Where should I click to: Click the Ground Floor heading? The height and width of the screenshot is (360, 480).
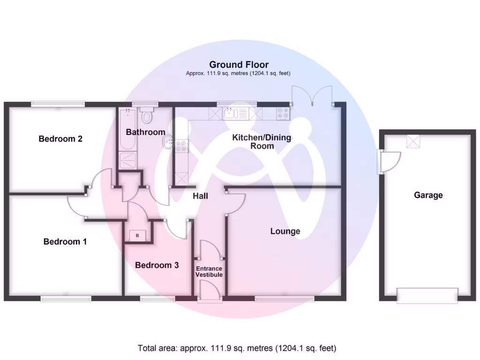[x=239, y=65]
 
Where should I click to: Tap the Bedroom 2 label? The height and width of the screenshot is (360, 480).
[x=60, y=139]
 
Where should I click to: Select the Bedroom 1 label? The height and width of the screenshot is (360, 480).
[x=65, y=242]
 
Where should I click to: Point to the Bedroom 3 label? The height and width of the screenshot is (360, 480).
[x=157, y=265]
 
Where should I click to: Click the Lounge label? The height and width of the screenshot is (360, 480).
[x=285, y=231]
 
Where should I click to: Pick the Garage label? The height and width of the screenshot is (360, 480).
[x=428, y=195]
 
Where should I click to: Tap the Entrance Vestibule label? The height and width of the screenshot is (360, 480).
[x=209, y=271]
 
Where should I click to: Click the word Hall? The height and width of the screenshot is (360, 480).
[x=200, y=196]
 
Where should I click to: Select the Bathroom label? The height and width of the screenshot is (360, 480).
[x=145, y=132]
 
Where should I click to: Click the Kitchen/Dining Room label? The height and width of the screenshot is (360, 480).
[x=262, y=142]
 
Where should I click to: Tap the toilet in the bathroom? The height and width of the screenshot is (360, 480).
[x=147, y=115]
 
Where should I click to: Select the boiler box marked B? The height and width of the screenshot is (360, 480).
[x=137, y=235]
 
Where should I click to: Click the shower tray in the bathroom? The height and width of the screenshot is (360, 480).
[x=127, y=160]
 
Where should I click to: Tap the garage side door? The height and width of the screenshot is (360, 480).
[x=388, y=161]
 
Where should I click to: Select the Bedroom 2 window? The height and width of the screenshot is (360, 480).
[x=58, y=104]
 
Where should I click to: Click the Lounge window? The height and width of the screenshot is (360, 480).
[x=285, y=299]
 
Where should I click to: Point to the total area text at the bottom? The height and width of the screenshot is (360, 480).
[x=237, y=348]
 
